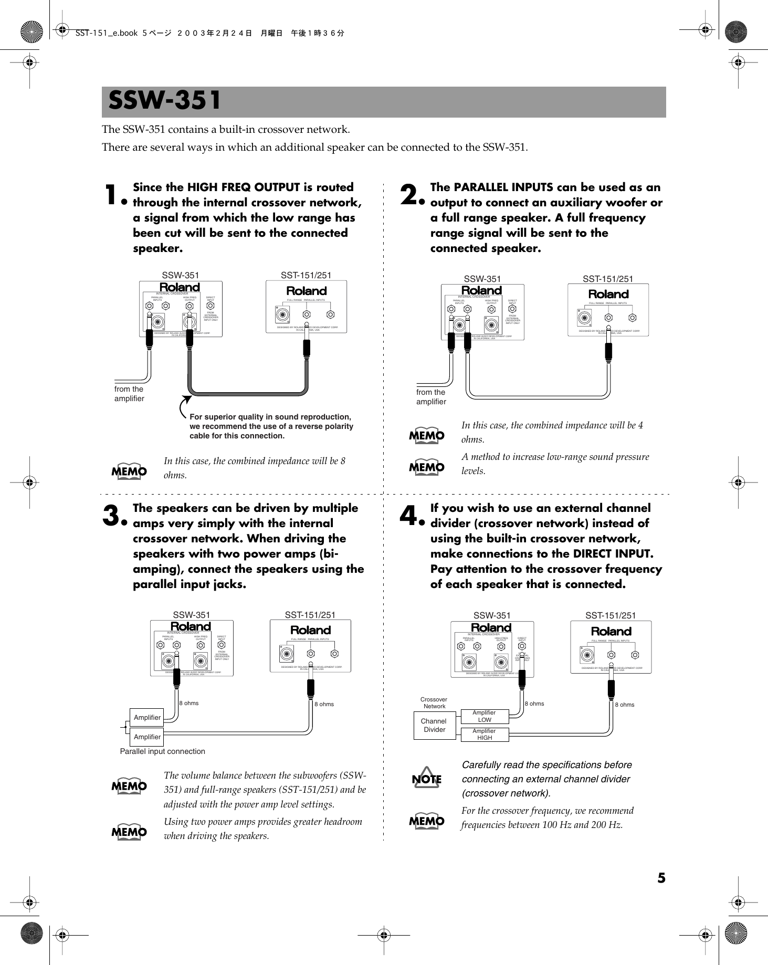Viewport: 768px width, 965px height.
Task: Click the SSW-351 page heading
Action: (x=165, y=101)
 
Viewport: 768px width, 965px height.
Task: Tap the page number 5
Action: (x=661, y=877)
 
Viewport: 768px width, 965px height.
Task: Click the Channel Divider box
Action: (x=434, y=725)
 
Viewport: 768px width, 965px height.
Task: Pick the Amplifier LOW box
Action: (x=485, y=716)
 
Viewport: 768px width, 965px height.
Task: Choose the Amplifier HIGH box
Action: (x=485, y=734)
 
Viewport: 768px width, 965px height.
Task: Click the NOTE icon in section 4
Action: (x=427, y=779)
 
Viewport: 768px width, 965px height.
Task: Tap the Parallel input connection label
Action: (x=163, y=751)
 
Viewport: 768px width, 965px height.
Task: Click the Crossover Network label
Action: (x=434, y=702)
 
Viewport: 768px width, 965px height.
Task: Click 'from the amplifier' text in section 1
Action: (x=129, y=394)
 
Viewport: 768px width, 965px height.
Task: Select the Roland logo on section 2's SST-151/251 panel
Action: (x=608, y=294)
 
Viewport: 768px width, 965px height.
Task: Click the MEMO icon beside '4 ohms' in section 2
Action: (x=427, y=435)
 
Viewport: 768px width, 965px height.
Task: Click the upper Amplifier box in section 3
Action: (x=147, y=717)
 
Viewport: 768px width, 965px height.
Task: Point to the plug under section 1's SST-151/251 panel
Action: (x=306, y=349)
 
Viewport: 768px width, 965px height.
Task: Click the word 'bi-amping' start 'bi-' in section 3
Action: (x=336, y=554)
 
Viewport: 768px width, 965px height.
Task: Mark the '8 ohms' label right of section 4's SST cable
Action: (x=625, y=705)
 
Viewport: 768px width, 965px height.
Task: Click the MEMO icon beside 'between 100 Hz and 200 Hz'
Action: (x=427, y=820)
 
